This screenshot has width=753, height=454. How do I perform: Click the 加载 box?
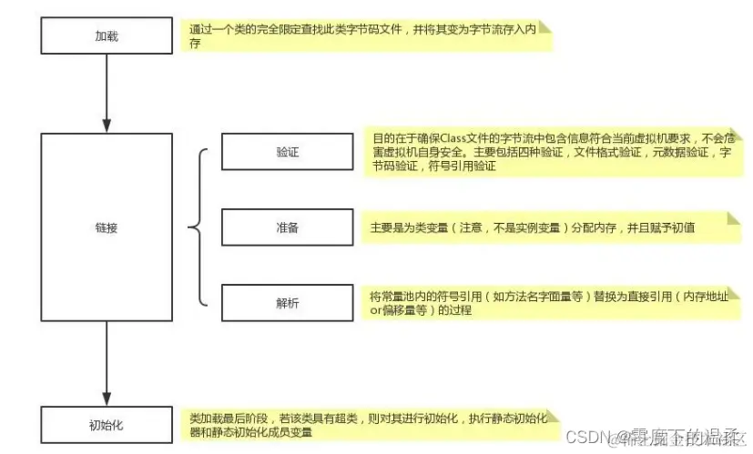[x=107, y=37]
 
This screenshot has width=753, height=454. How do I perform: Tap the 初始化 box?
[x=107, y=424]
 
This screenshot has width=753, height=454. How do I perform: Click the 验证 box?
[x=287, y=152]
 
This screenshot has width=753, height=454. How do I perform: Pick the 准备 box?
[x=287, y=227]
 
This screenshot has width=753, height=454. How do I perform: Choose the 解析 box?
[x=287, y=303]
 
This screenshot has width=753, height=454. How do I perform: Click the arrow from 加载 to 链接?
[x=107, y=91]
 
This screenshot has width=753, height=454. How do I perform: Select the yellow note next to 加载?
[x=364, y=36]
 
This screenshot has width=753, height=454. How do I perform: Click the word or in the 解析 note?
[x=375, y=311]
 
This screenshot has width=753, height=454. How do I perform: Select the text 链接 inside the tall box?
[x=107, y=227]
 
